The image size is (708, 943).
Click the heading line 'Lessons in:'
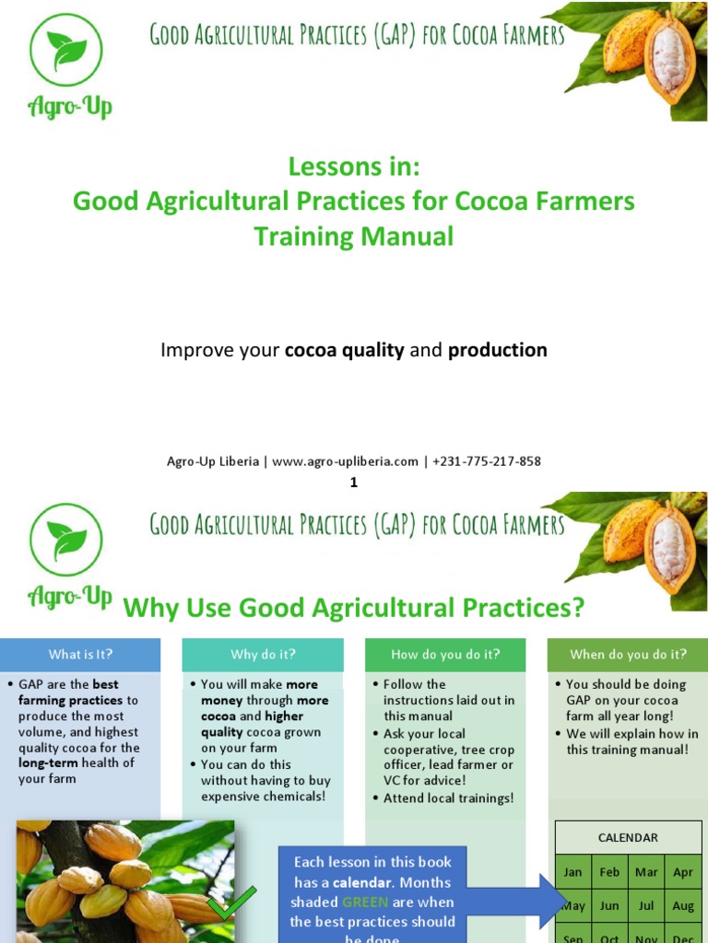point(354,167)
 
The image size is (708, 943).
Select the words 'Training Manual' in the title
point(354,237)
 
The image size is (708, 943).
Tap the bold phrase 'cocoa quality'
point(345,350)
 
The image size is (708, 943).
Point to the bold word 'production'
point(498,350)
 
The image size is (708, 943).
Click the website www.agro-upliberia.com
point(345,461)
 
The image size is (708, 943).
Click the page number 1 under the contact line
point(354,482)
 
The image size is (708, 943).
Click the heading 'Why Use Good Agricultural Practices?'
point(354,608)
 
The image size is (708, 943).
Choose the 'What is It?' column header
point(80,655)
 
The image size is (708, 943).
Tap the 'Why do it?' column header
point(263,655)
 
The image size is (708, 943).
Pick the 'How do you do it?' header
point(445,655)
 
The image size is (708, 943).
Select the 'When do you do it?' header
point(628,655)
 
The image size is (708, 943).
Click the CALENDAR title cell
point(628,838)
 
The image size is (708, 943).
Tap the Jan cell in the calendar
point(573,872)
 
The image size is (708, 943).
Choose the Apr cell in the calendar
point(683,872)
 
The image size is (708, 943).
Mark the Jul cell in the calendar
point(646,906)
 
